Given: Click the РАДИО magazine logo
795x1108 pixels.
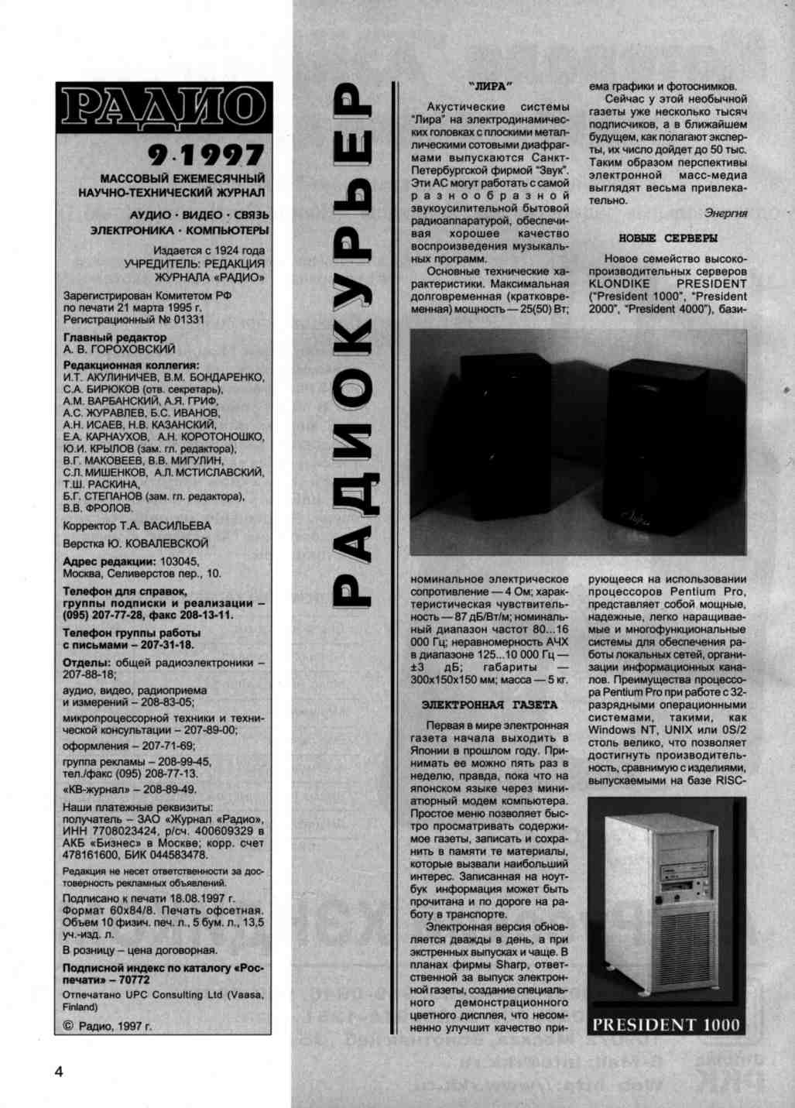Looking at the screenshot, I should [163, 107].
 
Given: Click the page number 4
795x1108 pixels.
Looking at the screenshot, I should [59, 1071].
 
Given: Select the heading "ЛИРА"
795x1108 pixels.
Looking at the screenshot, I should [491, 86].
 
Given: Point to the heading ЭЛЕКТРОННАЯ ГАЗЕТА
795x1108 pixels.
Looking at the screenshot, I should [489, 705].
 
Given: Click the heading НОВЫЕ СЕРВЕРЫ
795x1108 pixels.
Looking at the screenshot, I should [667, 238].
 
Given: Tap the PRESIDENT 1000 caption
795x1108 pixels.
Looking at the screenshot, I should [666, 1024].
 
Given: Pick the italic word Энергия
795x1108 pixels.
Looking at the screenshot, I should [725, 213].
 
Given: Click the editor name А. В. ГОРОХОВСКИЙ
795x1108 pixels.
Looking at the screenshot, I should [119, 349].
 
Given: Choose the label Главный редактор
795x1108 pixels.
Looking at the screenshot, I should [115, 338].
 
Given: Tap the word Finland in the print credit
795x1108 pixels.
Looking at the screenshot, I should [80, 1007].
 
